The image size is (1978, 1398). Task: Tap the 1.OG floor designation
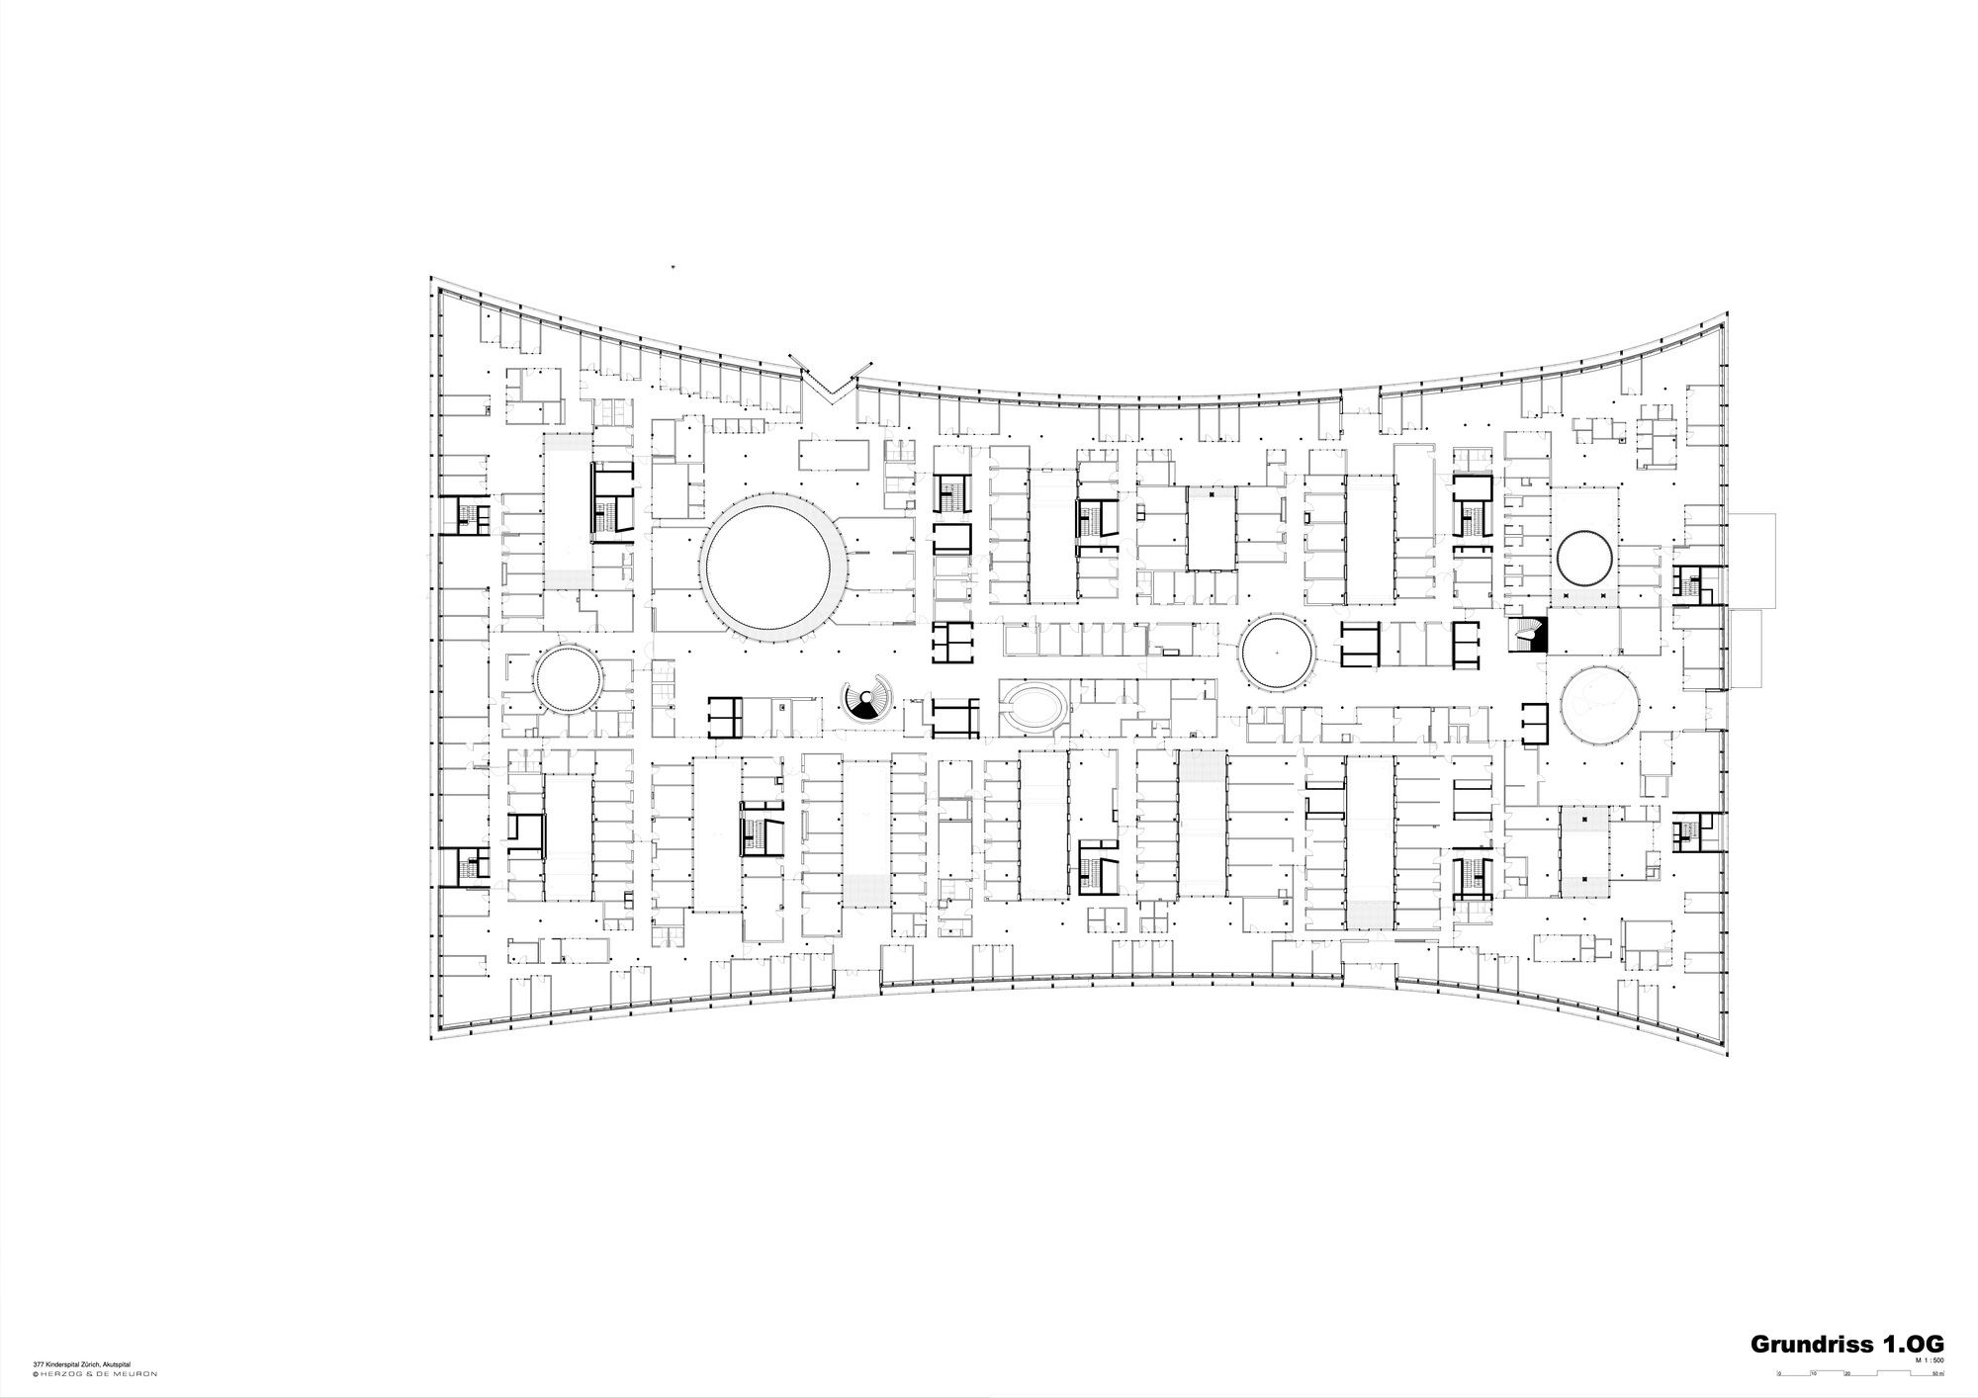(1916, 1344)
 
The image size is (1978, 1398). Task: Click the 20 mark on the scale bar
(1846, 1375)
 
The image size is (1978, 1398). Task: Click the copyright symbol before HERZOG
(35, 1373)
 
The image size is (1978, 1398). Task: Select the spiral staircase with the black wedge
(866, 699)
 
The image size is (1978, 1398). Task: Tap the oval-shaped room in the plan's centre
(1034, 706)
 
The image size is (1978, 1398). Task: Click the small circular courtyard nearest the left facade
(568, 677)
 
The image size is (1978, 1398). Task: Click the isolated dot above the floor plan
(672, 267)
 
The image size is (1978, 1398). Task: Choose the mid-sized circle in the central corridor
(1277, 652)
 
